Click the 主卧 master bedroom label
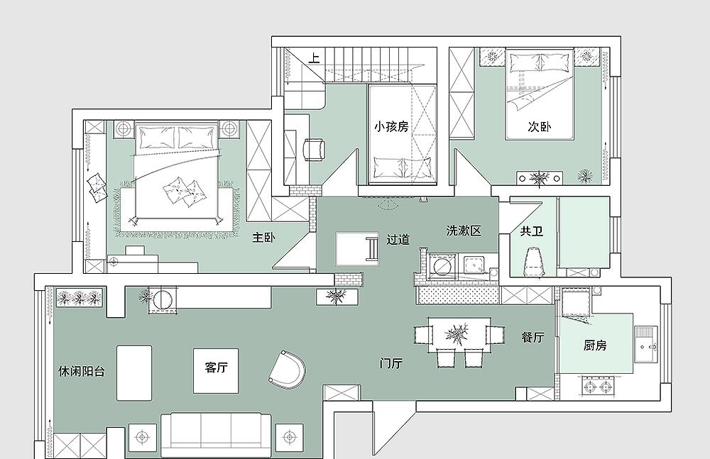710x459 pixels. [263, 237]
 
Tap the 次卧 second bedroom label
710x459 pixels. [539, 126]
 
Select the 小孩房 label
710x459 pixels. [390, 126]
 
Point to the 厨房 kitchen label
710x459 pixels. [594, 345]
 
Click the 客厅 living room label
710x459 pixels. [216, 367]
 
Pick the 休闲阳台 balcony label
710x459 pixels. [82, 371]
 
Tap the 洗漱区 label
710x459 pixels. [463, 231]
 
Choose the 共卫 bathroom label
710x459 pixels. [531, 231]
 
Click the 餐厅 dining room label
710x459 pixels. [532, 337]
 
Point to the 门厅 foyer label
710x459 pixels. [391, 363]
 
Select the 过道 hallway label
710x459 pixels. [398, 239]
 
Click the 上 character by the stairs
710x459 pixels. [314, 58]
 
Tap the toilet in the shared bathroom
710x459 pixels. [533, 262]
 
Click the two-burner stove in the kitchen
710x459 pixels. [598, 386]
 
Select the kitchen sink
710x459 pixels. [646, 345]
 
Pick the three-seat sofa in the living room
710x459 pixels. [216, 434]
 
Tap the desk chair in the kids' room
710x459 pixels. [314, 150]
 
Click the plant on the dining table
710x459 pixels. [457, 335]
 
